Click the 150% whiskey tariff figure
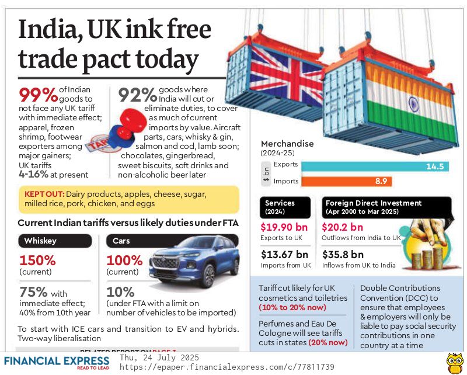coord(37,261)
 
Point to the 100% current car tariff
coord(124,261)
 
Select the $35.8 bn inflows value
coord(343,255)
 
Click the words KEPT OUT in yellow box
coord(44,194)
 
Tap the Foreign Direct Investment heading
coord(374,203)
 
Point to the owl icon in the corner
coord(454,363)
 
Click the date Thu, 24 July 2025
coord(159,357)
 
